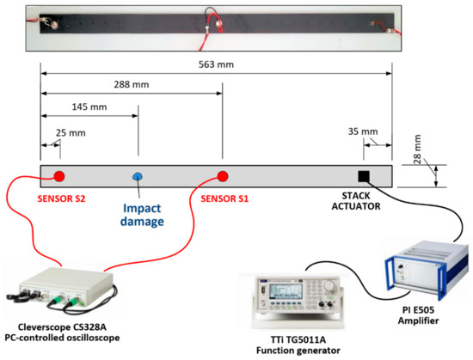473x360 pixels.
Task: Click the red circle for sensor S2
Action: click(x=59, y=177)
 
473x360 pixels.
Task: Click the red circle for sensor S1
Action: click(x=222, y=177)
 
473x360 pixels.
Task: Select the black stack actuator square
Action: click(x=364, y=176)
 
